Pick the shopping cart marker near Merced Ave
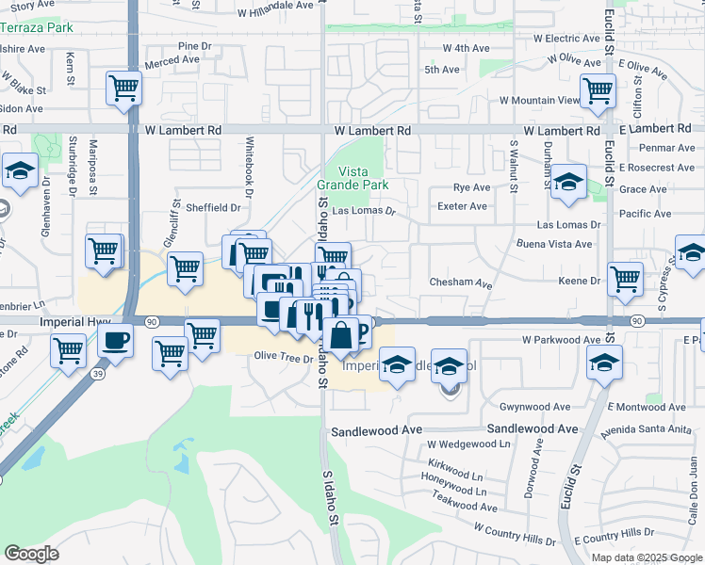(x=123, y=89)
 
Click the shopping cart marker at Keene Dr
(x=624, y=278)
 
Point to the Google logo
(x=31, y=554)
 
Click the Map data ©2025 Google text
(x=646, y=557)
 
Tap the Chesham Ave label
(x=461, y=283)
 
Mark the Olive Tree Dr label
(x=284, y=356)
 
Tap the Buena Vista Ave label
(x=553, y=244)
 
